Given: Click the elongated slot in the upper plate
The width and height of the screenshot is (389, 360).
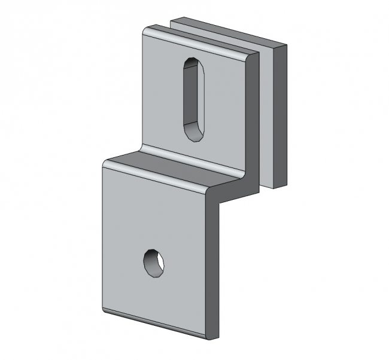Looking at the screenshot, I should (193, 99).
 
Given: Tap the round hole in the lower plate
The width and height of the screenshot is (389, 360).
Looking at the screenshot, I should (154, 263).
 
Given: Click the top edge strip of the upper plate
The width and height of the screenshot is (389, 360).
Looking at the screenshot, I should (197, 41).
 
